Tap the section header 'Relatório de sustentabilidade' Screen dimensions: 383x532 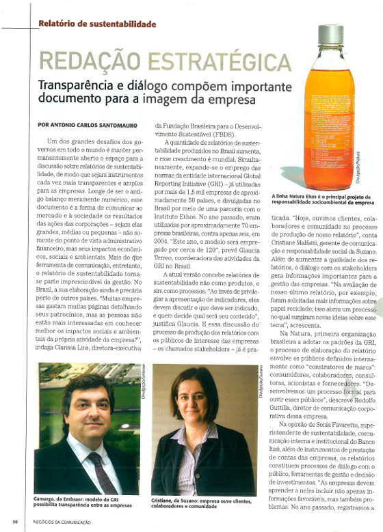pos(96,24)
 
